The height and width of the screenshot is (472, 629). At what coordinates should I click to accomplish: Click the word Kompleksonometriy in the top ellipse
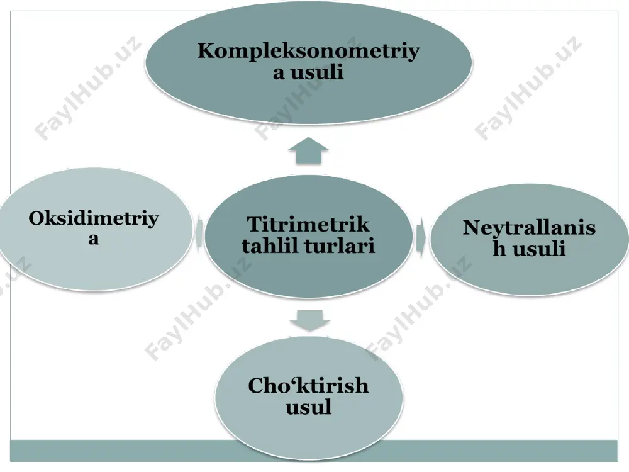[x=308, y=52]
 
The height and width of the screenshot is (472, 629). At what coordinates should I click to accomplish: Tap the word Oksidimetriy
[x=94, y=220]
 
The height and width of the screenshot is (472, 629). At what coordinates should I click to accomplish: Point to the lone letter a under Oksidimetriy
[x=94, y=239]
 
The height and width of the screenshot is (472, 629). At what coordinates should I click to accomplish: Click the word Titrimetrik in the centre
[x=308, y=225]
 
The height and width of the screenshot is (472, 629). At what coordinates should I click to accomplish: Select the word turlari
[x=342, y=245]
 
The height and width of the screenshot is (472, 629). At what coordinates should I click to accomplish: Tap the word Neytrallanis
[x=529, y=228]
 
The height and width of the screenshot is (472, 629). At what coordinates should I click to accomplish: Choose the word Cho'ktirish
[x=308, y=386]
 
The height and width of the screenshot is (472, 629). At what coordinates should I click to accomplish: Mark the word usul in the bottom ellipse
[x=308, y=407]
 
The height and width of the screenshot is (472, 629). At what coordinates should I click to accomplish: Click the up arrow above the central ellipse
[x=308, y=150]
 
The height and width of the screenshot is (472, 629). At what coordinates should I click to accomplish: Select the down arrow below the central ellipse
[x=309, y=320]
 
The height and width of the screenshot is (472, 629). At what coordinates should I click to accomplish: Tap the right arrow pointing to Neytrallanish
[x=421, y=238]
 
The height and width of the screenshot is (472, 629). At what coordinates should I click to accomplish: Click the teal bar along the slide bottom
[x=314, y=451]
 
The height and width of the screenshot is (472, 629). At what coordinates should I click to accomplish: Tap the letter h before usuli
[x=500, y=248]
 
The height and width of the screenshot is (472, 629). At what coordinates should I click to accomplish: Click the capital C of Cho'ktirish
[x=257, y=386]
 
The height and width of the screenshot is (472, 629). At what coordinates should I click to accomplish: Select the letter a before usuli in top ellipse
[x=279, y=74]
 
